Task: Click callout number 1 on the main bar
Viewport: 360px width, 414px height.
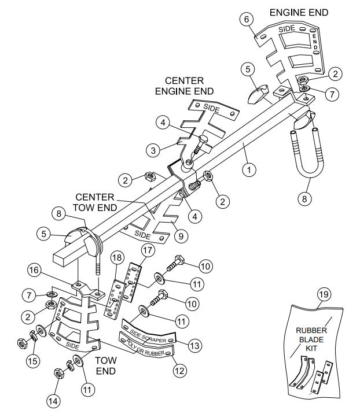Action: click(249, 170)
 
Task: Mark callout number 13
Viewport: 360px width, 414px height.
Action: click(196, 345)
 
